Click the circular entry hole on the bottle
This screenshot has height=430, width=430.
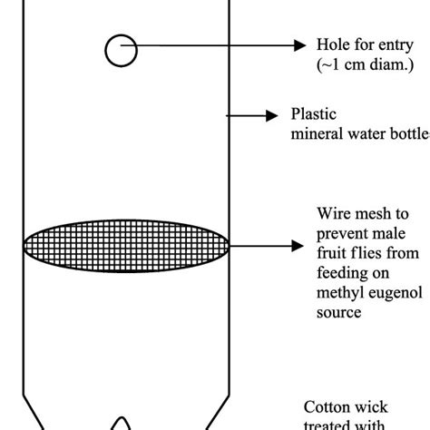pos(121,50)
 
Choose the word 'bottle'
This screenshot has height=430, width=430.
pos(407,134)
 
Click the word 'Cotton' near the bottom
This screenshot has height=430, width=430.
pos(324,407)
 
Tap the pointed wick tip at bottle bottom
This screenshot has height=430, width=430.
pos(121,422)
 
